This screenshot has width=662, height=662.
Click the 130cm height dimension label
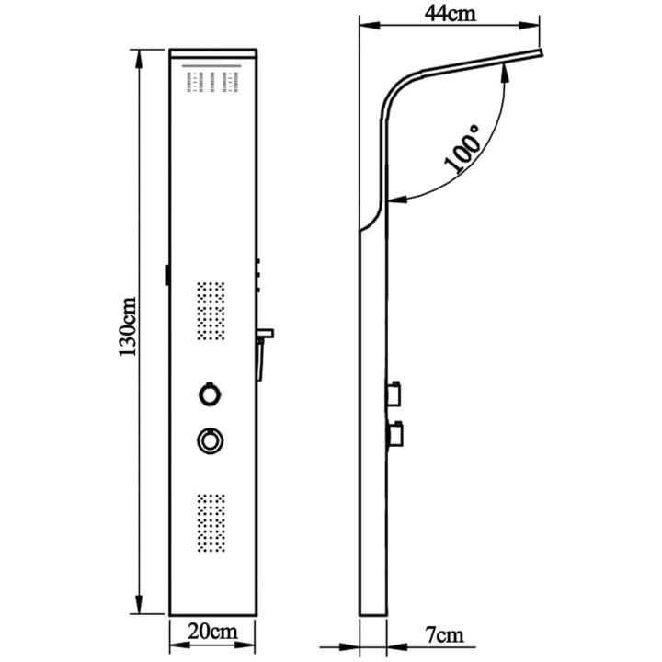(x=128, y=327)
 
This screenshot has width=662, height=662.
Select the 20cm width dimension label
(x=212, y=632)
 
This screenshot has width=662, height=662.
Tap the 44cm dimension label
(x=450, y=14)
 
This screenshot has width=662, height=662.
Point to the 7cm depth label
(x=444, y=635)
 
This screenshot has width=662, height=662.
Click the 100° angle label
(x=463, y=149)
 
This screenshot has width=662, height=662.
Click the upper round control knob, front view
(x=210, y=394)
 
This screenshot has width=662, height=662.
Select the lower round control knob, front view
(x=211, y=441)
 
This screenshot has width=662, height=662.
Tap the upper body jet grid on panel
(x=211, y=311)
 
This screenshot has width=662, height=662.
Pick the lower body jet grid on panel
(x=211, y=523)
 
